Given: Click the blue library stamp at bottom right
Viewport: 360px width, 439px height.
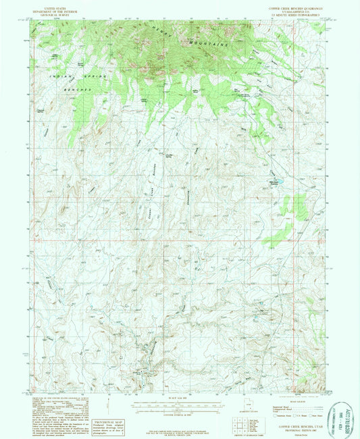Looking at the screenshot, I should point(342,415).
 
